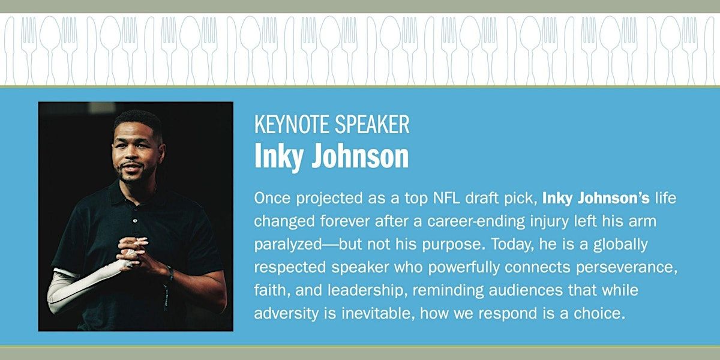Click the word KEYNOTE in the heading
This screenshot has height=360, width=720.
click(x=292, y=124)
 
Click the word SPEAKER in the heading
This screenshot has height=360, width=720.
click(x=372, y=124)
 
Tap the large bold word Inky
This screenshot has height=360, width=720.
click(x=278, y=157)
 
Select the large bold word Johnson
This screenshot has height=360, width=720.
click(x=360, y=156)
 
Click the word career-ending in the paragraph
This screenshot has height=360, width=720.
click(x=476, y=222)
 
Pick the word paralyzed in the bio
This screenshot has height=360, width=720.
click(x=287, y=245)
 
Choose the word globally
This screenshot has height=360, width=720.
click(x=620, y=245)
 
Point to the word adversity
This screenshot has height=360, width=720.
click(x=286, y=314)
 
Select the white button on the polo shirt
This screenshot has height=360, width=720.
click(x=135, y=221)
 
